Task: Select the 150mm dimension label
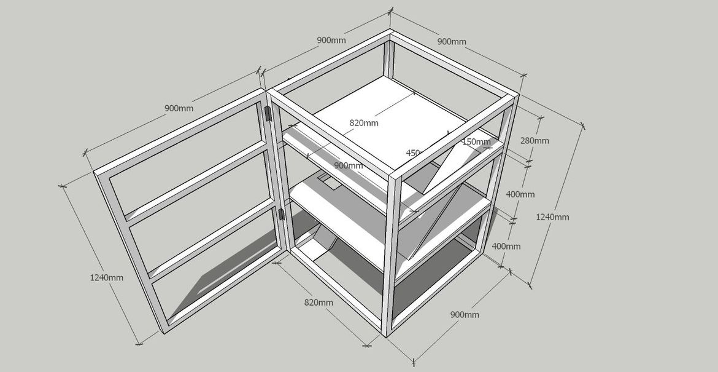coord(477,142)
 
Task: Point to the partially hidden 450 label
coord(413,152)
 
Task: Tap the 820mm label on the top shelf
coord(363,122)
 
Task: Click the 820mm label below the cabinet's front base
coord(318,303)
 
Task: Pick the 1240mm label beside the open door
coord(107,277)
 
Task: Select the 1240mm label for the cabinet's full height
coord(552,217)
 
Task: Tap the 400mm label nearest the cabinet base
coord(506,246)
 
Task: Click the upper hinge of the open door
coord(268,114)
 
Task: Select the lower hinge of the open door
coord(281,215)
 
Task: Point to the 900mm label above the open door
coord(179,108)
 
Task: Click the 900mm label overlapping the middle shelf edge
coord(348,165)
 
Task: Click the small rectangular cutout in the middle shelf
coord(329,182)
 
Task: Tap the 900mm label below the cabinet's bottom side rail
coord(465,314)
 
